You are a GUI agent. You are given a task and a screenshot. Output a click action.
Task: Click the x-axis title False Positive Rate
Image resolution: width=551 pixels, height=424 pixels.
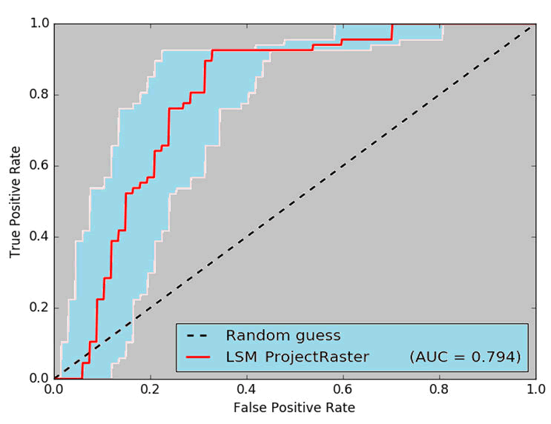(294, 408)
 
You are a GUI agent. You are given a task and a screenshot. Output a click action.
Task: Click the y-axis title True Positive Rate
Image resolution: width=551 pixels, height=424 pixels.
(15, 200)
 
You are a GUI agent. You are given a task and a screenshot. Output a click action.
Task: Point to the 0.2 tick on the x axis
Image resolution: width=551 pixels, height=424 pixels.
(151, 388)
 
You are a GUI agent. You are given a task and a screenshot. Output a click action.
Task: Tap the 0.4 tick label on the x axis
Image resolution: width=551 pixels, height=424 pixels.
(247, 388)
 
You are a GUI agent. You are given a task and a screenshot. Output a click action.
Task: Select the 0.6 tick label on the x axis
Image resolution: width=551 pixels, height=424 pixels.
(343, 388)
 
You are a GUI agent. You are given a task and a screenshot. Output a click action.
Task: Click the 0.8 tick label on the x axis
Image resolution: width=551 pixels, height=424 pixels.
(439, 388)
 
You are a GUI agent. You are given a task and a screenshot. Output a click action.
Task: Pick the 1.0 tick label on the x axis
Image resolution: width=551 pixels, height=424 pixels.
(535, 388)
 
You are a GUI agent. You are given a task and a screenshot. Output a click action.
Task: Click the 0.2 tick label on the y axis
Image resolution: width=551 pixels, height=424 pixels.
(39, 308)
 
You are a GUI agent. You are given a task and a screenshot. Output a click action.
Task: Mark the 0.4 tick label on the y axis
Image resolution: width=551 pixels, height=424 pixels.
(39, 236)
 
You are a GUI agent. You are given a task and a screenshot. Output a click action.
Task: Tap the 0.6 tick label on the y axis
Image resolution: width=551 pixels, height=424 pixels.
(39, 166)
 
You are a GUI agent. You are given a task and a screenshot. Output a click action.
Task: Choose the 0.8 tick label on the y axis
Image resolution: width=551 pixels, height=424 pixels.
(39, 95)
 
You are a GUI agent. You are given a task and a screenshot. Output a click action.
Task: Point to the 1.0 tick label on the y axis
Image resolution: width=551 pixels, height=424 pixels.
(39, 24)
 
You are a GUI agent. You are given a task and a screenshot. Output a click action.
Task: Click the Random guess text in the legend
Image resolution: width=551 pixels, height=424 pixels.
(283, 335)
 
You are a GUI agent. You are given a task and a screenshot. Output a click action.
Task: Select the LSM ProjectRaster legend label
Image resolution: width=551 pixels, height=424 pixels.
(297, 357)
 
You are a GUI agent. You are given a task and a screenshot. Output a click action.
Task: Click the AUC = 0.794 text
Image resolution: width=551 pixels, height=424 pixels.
(465, 357)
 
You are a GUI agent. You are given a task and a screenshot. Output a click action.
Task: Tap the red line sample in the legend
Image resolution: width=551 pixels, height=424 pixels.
(199, 357)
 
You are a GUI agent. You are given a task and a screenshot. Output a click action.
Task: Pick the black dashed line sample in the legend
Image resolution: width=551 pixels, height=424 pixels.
(199, 335)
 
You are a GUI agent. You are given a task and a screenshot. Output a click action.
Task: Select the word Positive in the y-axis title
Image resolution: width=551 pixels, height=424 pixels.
(15, 199)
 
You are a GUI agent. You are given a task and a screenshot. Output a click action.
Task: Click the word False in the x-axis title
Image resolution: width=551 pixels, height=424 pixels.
(248, 408)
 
